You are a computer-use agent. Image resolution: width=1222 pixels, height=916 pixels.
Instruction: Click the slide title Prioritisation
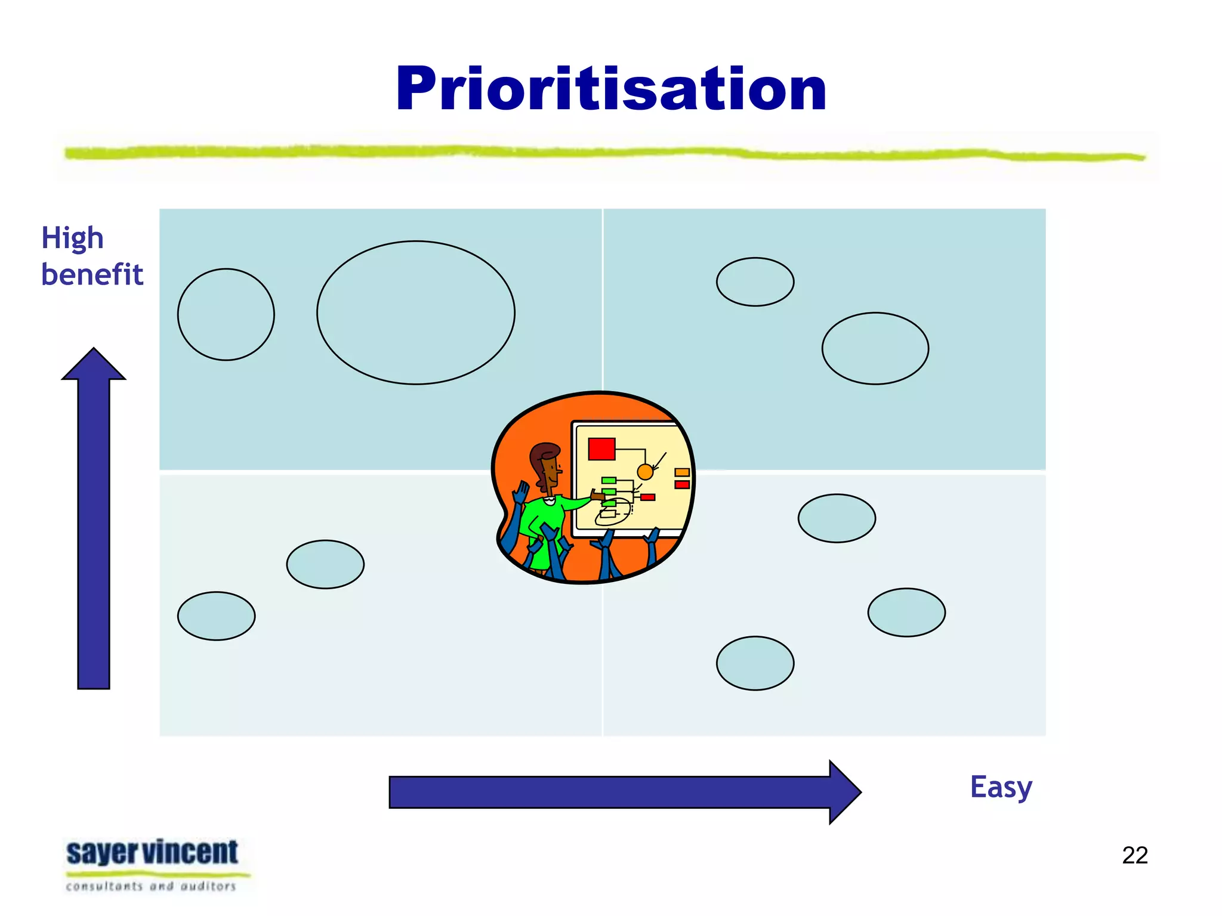coord(611,89)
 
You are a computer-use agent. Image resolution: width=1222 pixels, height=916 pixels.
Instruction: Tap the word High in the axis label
coord(72,239)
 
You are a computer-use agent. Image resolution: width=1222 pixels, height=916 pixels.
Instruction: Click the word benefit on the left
coord(92,275)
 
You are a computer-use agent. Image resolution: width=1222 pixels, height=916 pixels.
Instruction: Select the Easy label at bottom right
coord(1001,787)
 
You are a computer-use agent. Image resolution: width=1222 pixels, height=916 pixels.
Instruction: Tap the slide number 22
coord(1134,855)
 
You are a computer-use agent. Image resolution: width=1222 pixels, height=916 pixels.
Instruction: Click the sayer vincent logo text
coord(152,852)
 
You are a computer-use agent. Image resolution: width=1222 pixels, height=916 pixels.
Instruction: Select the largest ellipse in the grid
coord(416,312)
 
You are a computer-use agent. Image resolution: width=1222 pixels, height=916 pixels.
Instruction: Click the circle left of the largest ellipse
coord(226,314)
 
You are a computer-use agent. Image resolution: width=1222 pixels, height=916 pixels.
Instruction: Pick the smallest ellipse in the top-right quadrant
coord(755,282)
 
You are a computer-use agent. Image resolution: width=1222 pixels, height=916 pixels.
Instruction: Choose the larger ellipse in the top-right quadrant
coord(875,348)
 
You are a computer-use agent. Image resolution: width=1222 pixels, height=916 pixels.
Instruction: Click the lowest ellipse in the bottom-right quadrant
coord(755,663)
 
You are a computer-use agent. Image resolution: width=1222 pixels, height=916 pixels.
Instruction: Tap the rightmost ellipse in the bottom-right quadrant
coord(906,612)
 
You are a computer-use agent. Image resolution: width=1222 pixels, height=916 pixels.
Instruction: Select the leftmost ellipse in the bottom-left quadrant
coord(216,616)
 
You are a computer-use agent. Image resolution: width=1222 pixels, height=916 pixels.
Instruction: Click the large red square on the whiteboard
coord(601,449)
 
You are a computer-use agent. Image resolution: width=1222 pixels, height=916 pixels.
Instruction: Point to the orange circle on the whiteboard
coord(645,472)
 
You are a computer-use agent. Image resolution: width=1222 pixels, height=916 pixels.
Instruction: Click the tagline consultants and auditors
coord(151,886)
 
